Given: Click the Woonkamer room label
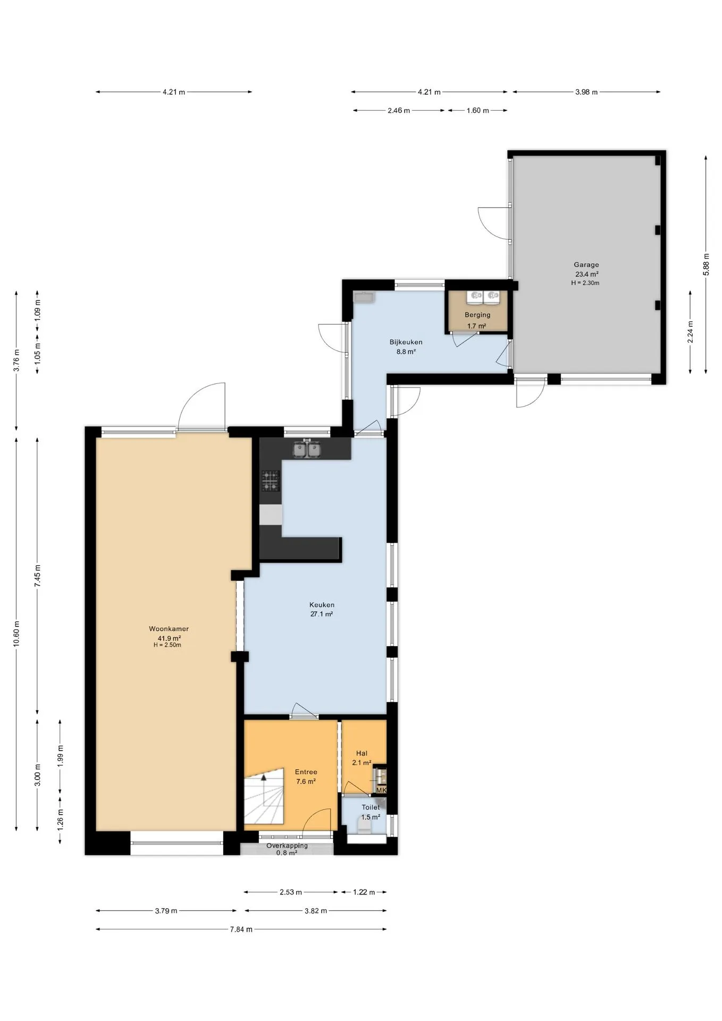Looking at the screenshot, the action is pyautogui.click(x=169, y=629).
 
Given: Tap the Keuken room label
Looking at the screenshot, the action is pyautogui.click(x=322, y=605).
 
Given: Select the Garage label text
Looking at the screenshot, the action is pyautogui.click(x=586, y=264).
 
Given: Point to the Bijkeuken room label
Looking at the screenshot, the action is pyautogui.click(x=406, y=342).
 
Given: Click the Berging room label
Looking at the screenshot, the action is pyautogui.click(x=477, y=315).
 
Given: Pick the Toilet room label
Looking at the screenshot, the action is pyautogui.click(x=371, y=807).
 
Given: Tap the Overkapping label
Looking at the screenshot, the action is pyautogui.click(x=287, y=846).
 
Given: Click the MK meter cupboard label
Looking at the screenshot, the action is pyautogui.click(x=381, y=790).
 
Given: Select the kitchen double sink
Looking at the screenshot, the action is pyautogui.click(x=307, y=450).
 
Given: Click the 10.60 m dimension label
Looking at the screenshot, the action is pyautogui.click(x=16, y=633).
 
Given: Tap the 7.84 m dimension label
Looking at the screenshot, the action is pyautogui.click(x=241, y=929).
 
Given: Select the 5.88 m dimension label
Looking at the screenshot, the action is pyautogui.click(x=706, y=264).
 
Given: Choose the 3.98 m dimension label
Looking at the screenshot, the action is pyautogui.click(x=586, y=92).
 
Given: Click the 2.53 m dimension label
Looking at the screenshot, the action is pyautogui.click(x=291, y=892).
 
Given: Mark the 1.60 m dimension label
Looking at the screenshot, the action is pyautogui.click(x=477, y=111).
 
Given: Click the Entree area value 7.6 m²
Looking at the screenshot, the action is pyautogui.click(x=306, y=781).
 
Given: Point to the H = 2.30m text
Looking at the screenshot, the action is pyautogui.click(x=585, y=283).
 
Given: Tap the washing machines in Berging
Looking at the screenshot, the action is pyautogui.click(x=483, y=296).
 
